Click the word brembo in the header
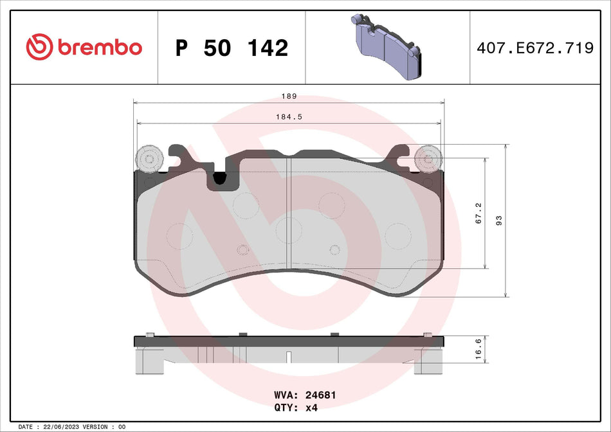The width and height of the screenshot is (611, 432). pos(99,48)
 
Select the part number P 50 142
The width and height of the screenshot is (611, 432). pos(232,48)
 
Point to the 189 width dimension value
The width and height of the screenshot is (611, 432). pos(289,96)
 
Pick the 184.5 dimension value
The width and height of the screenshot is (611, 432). pos(289,117)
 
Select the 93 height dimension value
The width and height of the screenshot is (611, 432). pos(498,221)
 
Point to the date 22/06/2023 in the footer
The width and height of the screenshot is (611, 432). pos(62,427)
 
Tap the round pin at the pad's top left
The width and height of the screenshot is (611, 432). pos(149,159)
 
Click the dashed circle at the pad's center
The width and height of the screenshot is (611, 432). pos(287,230)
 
